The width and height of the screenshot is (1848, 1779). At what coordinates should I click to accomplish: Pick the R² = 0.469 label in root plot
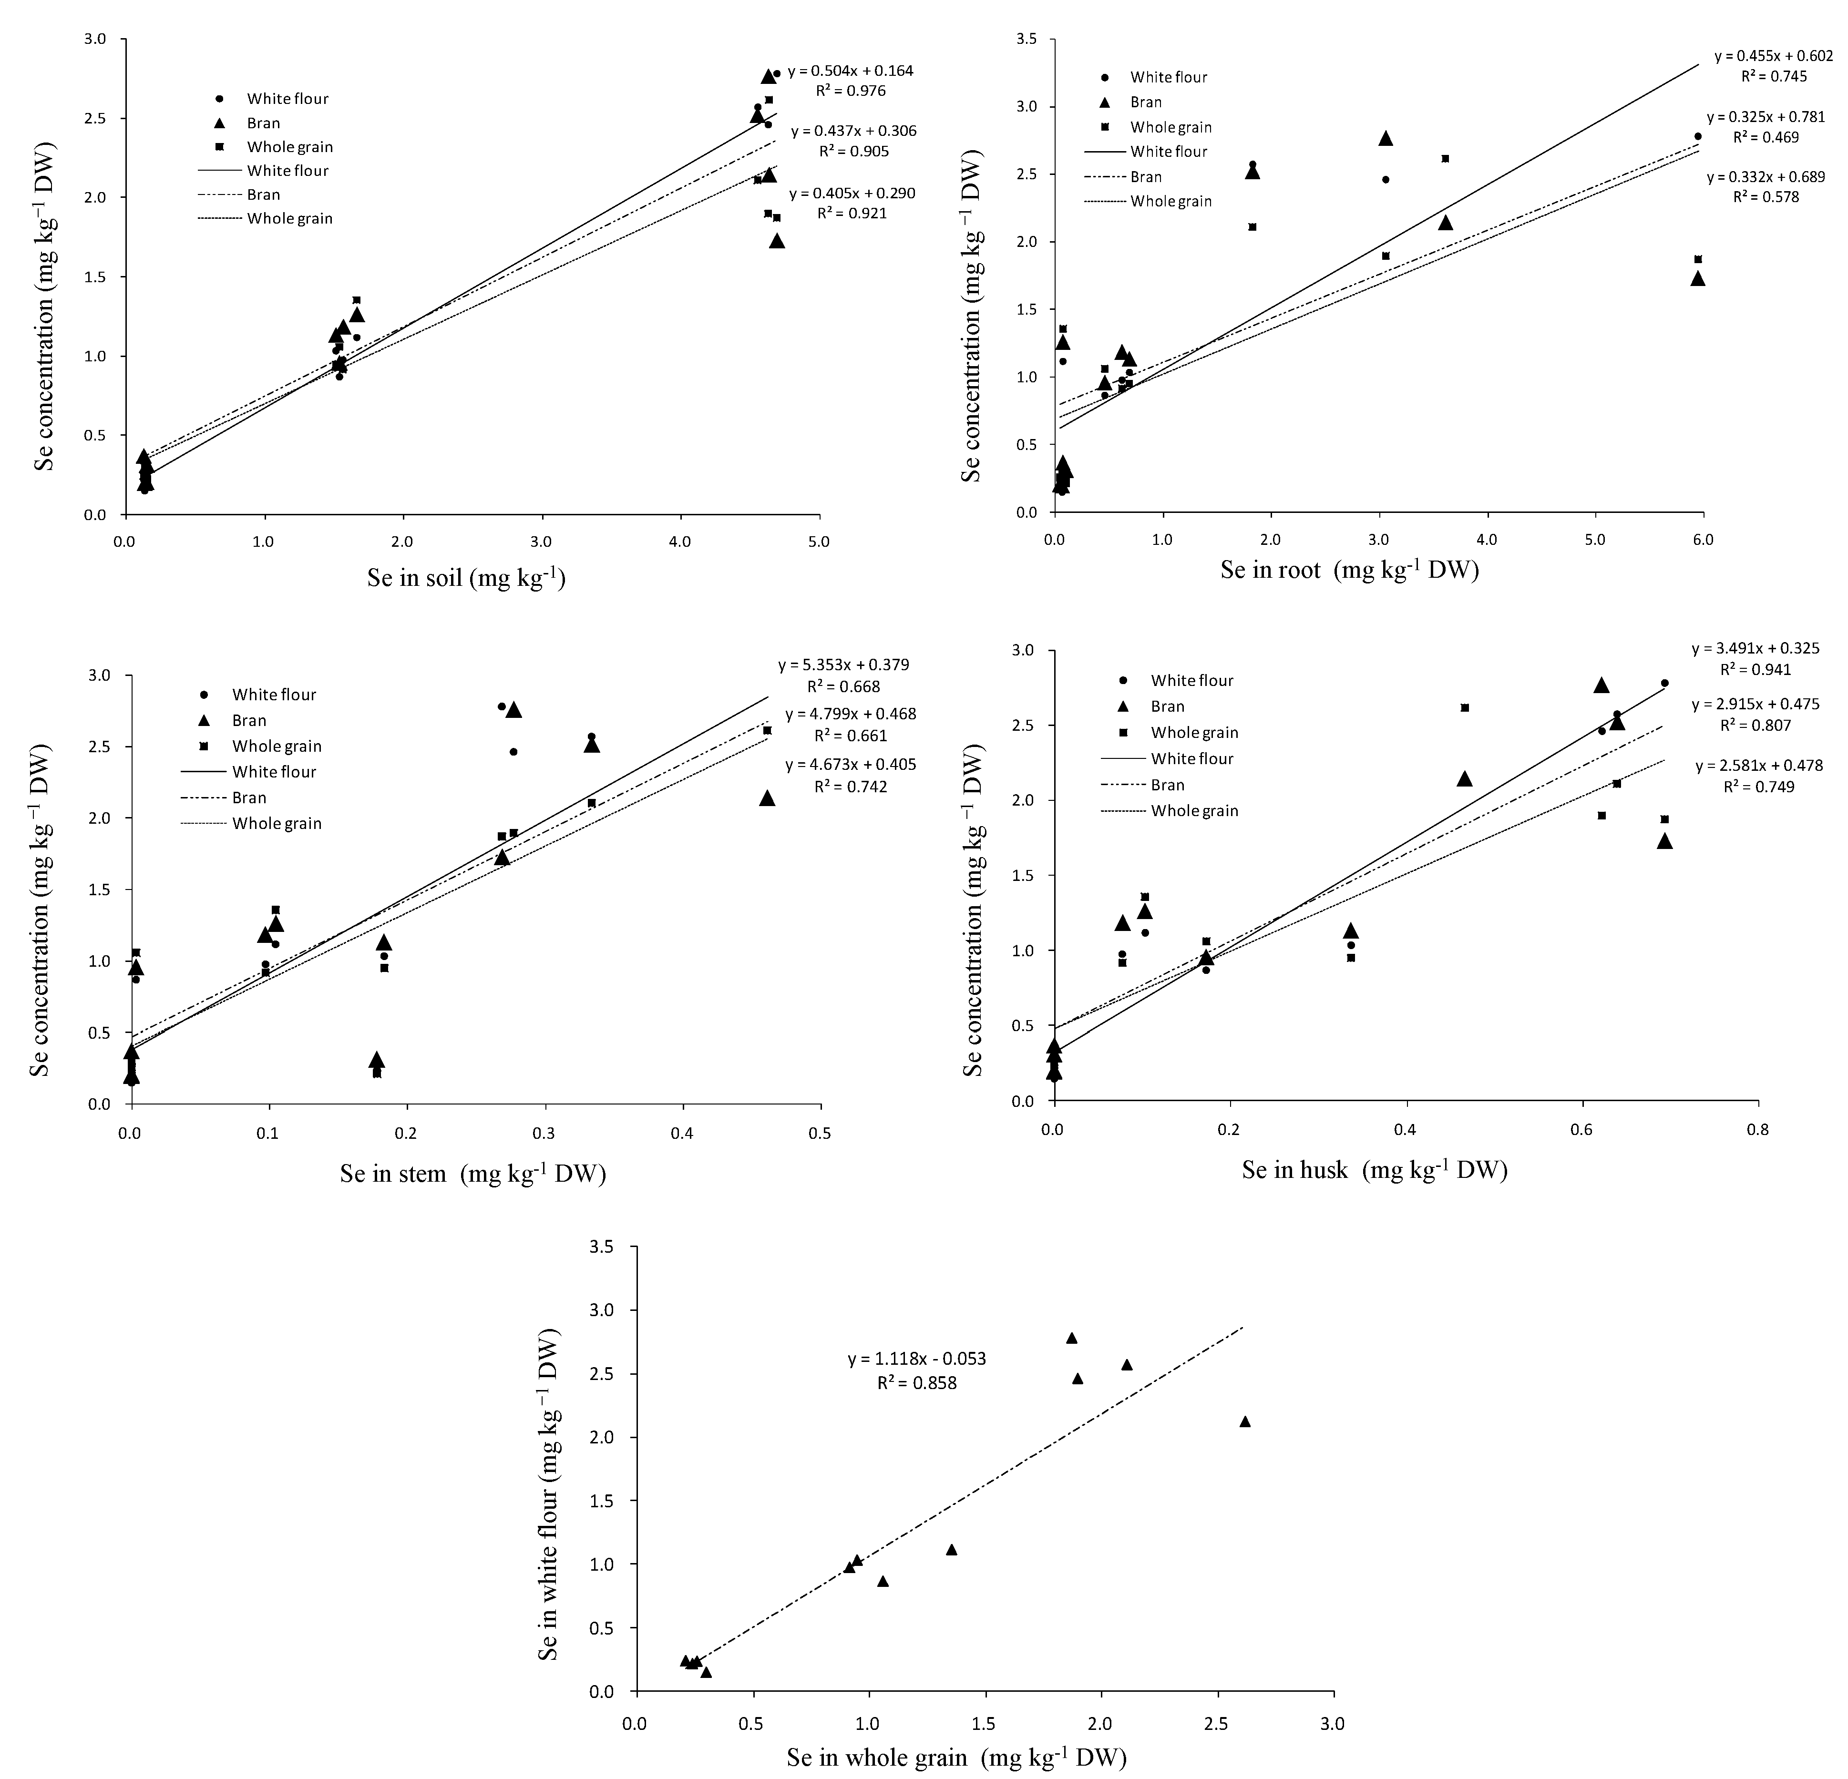[1765, 137]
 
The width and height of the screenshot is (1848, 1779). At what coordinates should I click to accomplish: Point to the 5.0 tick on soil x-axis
[819, 542]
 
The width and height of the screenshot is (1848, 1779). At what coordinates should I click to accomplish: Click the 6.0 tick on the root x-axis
[1703, 540]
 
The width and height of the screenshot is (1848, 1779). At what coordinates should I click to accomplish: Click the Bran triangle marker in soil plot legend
[219, 123]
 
